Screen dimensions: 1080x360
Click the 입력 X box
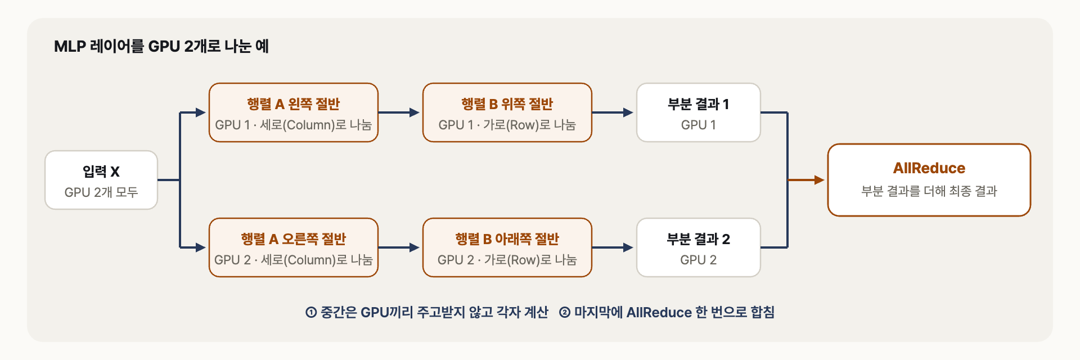click(101, 180)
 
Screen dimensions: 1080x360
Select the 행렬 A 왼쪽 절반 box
click(294, 112)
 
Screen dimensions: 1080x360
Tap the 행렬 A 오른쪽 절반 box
click(294, 247)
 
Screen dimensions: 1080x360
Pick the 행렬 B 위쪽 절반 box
click(507, 112)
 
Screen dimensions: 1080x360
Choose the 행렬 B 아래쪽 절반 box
click(507, 247)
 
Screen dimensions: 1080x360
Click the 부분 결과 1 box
click(699, 112)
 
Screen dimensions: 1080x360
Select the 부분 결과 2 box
click(699, 247)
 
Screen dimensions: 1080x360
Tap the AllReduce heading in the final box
click(929, 168)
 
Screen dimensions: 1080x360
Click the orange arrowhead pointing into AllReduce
click(819, 180)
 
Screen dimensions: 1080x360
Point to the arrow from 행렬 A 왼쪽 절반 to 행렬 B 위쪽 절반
click(399, 112)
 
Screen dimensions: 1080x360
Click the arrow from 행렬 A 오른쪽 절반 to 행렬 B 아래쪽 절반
click(399, 247)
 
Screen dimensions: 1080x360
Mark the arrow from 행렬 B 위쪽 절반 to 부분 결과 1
click(613, 112)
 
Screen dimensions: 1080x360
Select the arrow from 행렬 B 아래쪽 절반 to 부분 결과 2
click(613, 247)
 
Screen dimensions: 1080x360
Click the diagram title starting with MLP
click(161, 46)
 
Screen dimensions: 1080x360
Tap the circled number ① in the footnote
click(311, 313)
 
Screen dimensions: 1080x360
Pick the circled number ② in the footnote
click(565, 313)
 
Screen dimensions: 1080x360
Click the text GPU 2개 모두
click(101, 192)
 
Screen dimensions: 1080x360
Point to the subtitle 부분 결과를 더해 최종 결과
click(929, 191)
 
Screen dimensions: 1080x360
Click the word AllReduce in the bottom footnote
click(659, 313)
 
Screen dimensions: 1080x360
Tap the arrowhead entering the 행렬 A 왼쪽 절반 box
click(201, 112)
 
